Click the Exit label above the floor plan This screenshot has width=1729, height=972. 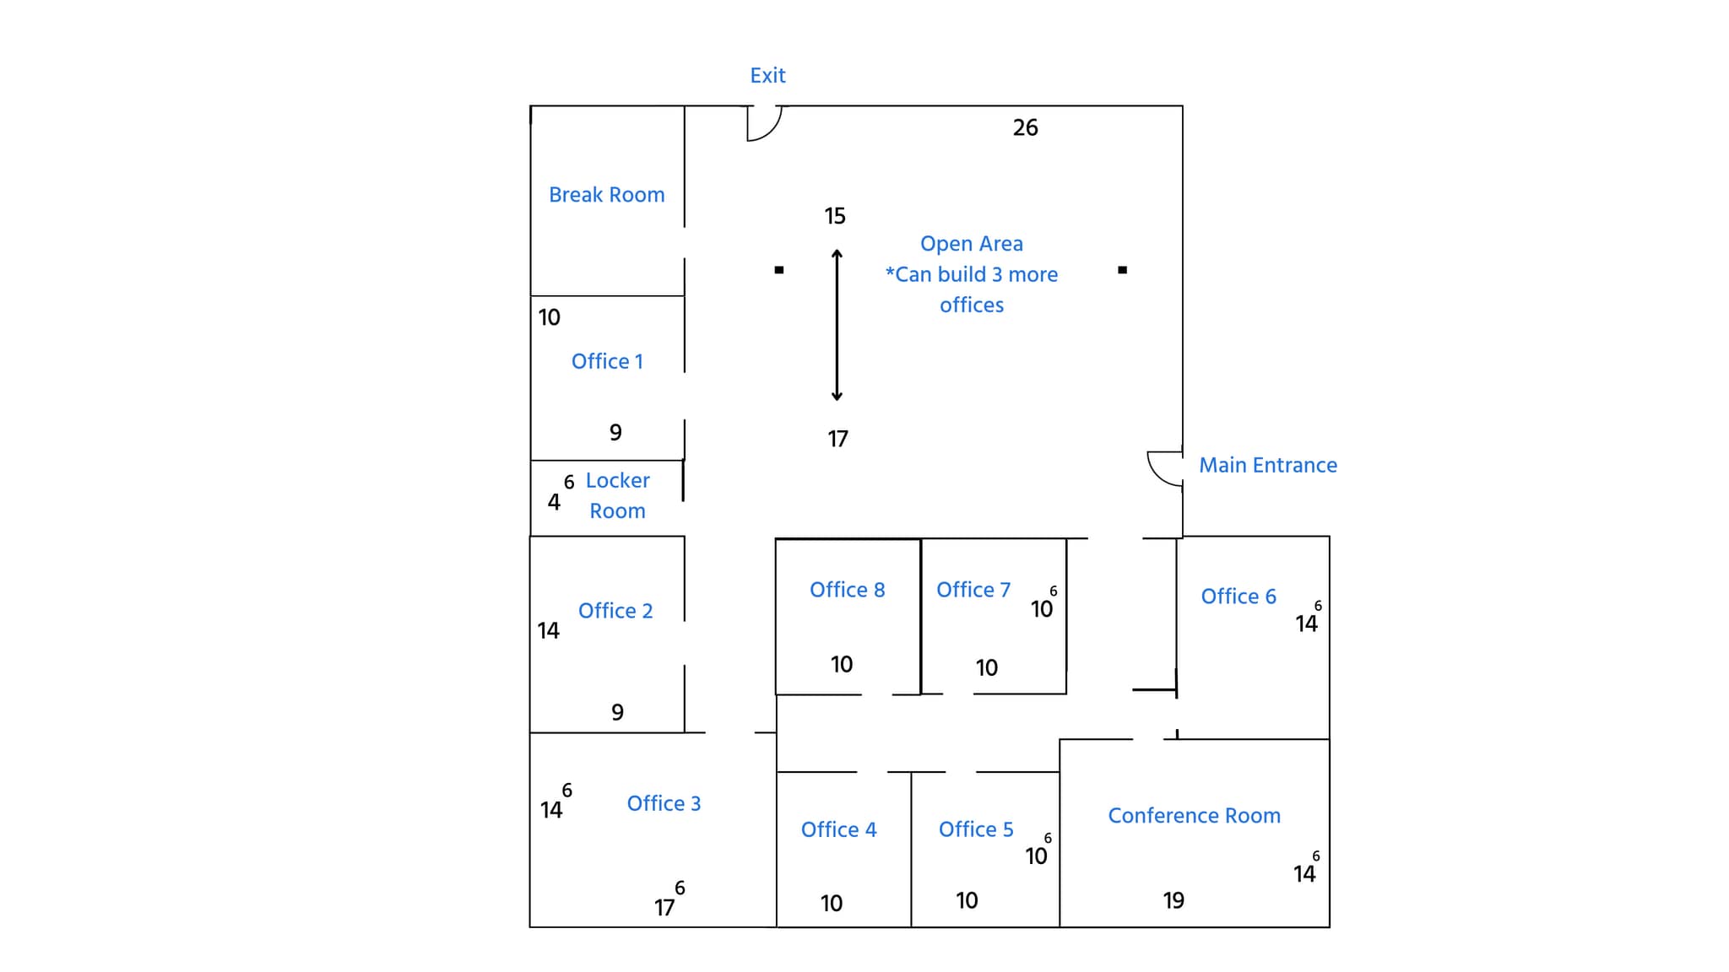coord(767,76)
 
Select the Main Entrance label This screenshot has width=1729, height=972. coord(1267,465)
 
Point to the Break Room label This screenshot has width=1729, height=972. coord(606,195)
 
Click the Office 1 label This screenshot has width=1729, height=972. coord(606,361)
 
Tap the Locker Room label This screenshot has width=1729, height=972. coord(617,495)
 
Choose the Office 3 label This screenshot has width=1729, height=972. coord(664,803)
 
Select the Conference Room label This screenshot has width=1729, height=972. coord(1194,816)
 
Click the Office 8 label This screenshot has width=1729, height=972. coord(847,590)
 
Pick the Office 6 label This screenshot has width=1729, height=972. coord(1238,597)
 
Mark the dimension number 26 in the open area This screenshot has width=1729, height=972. coord(1025,127)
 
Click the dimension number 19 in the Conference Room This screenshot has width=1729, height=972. coord(1173,900)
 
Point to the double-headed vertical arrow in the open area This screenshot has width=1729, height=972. coord(837,325)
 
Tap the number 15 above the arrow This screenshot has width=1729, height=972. coord(835,216)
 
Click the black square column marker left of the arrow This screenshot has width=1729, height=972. coord(779,270)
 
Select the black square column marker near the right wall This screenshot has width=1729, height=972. coord(1122,270)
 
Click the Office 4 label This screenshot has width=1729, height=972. coord(838,829)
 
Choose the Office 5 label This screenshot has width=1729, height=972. coord(976,829)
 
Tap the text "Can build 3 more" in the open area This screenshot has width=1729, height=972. coord(972,274)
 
